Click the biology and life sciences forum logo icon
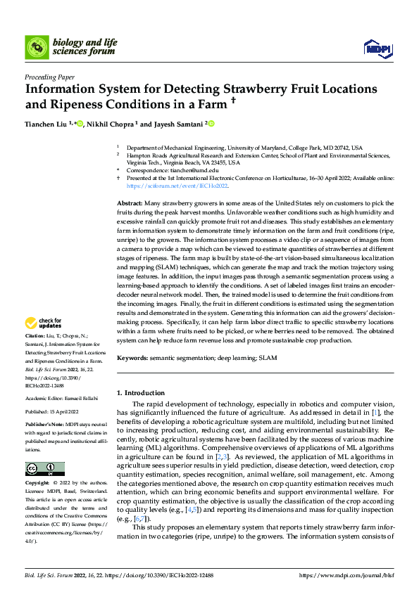tap(37, 46)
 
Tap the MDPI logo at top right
tap(377, 46)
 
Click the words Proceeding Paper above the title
tap(50, 77)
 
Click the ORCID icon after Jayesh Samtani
tap(211, 124)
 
